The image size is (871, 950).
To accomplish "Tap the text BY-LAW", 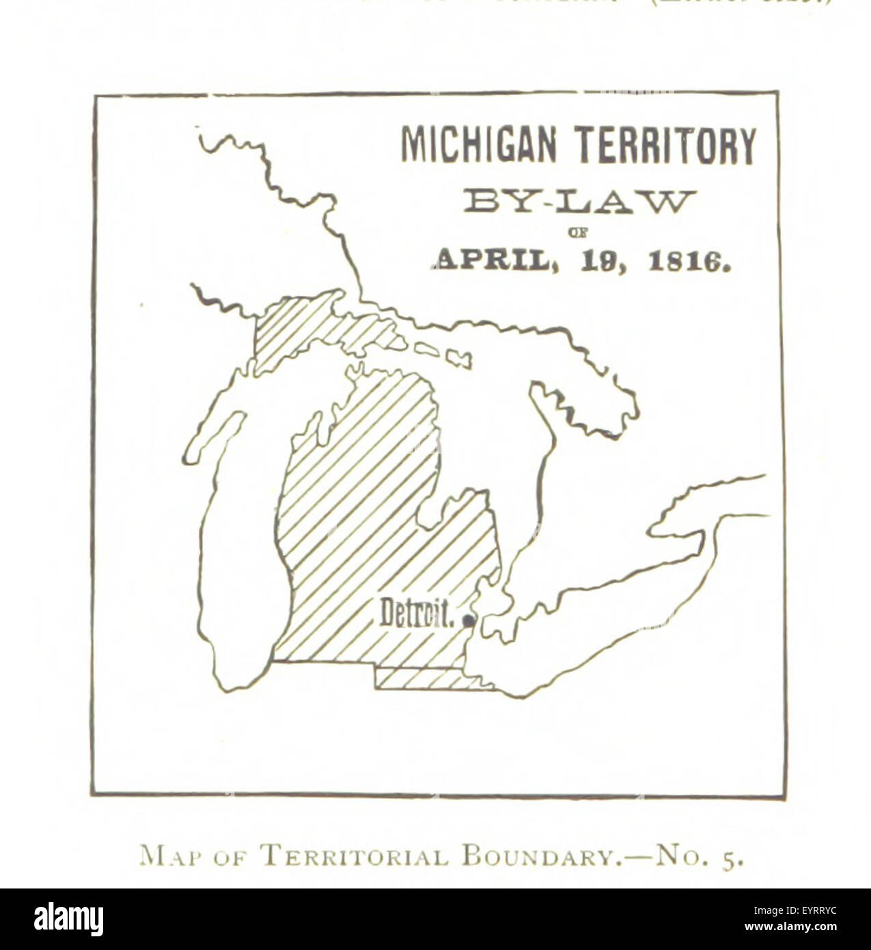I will (x=579, y=203).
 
